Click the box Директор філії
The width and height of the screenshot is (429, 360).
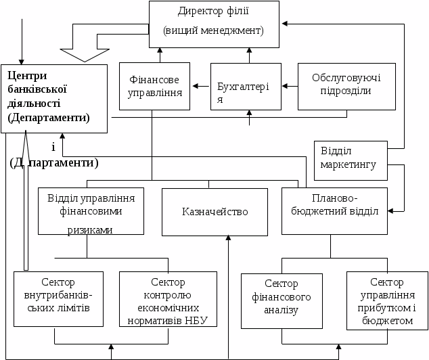click(214, 24)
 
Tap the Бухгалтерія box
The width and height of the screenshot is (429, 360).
click(245, 86)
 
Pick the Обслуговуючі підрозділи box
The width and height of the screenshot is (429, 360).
click(346, 86)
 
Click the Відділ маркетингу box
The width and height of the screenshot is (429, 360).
click(351, 160)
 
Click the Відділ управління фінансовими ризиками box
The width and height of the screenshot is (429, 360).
click(91, 210)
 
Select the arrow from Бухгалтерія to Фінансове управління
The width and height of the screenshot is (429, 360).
click(200, 86)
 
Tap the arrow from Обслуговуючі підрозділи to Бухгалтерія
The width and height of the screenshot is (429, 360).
click(290, 86)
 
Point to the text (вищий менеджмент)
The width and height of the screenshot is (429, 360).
click(214, 31)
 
